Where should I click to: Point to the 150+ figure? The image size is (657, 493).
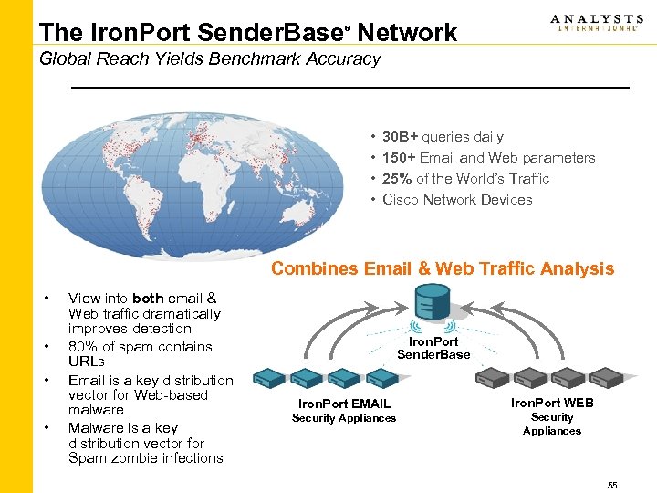[400, 158]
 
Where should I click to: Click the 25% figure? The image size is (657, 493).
[397, 179]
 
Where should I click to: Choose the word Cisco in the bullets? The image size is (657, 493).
[401, 200]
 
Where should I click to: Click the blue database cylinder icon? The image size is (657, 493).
[433, 304]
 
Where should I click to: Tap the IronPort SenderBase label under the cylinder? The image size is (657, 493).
[433, 349]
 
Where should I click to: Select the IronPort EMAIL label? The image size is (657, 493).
[344, 404]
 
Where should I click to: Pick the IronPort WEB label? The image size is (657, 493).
[552, 403]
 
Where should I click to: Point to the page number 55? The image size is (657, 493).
[612, 486]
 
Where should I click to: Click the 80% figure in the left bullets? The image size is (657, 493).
[83, 347]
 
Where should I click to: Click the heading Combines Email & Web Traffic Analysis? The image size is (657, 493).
[443, 268]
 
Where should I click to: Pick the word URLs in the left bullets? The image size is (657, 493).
[87, 362]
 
